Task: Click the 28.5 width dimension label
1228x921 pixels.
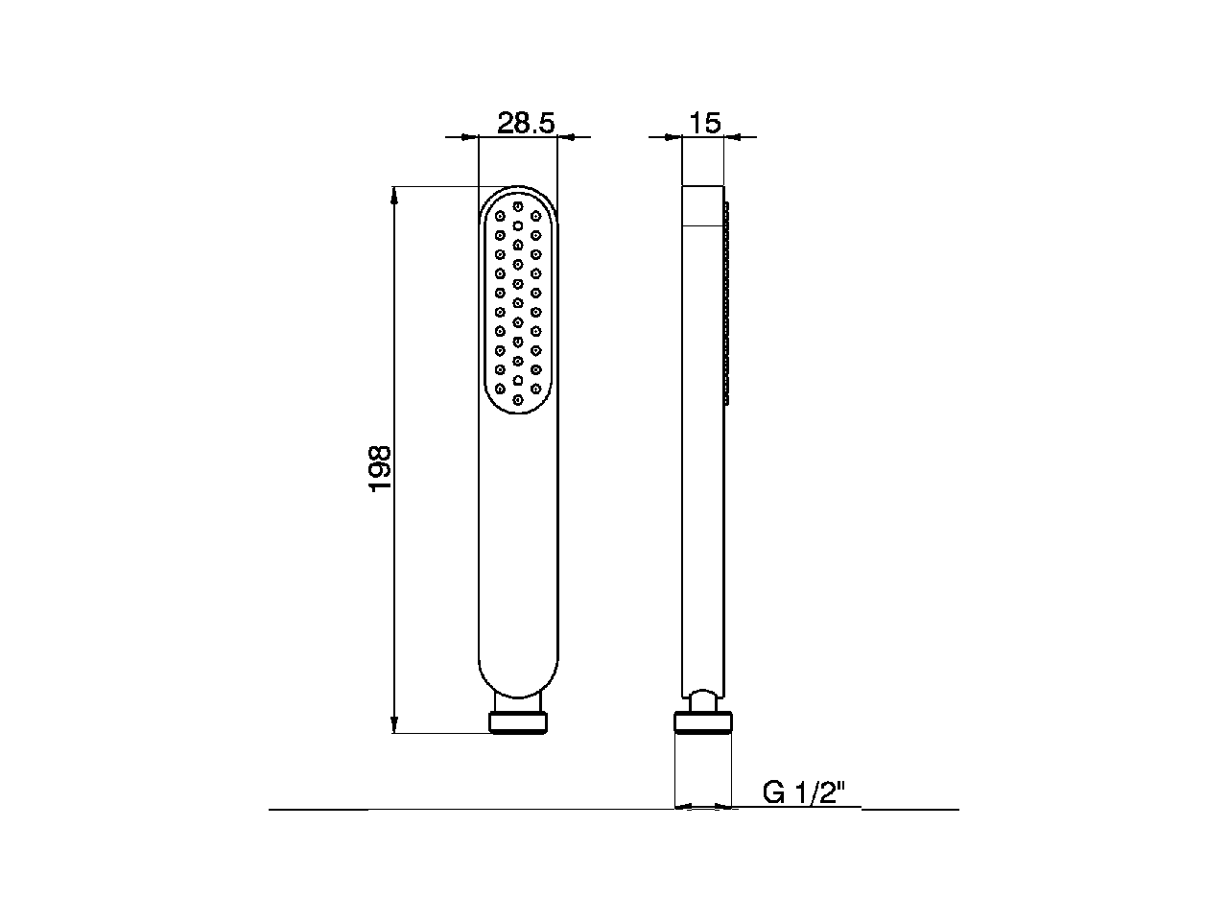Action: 526,123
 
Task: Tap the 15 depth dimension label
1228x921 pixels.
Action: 704,123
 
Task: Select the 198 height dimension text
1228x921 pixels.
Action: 382,468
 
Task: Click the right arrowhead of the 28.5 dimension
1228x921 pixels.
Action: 566,137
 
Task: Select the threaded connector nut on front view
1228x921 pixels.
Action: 518,723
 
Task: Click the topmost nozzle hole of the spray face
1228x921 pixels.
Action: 518,205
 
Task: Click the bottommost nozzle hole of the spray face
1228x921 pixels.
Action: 518,399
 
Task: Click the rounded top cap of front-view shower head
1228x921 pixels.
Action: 518,192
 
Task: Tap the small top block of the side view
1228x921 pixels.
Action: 701,205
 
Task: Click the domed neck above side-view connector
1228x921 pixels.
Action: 703,698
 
